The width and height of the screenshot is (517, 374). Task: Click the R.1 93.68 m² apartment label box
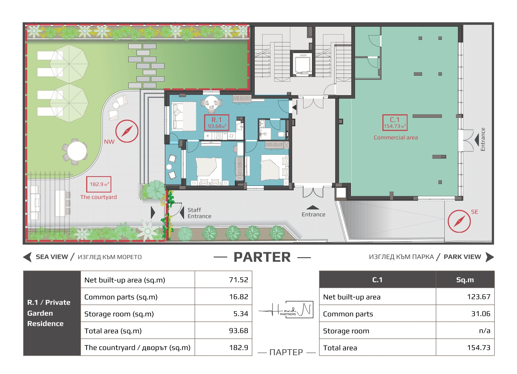tap(216, 122)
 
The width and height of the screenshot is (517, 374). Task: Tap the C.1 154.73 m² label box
tap(395, 122)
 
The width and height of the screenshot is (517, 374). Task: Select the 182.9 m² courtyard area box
tap(98, 184)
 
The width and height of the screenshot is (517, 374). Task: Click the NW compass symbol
tap(127, 131)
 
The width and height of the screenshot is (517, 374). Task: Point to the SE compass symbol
tap(459, 221)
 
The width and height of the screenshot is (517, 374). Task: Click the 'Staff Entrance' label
tap(199, 213)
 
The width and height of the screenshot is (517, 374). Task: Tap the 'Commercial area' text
tap(396, 138)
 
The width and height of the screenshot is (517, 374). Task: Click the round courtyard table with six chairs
tap(75, 151)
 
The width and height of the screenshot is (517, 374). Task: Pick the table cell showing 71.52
tap(223, 279)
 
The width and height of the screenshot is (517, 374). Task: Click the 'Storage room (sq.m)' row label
tap(119, 314)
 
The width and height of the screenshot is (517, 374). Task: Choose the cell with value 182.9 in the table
tap(223, 347)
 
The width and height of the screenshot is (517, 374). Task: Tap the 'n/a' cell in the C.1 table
tap(465, 330)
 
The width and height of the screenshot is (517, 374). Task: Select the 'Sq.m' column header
tap(465, 279)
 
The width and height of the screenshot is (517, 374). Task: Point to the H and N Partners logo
tap(286, 310)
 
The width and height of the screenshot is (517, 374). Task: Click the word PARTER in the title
tap(262, 257)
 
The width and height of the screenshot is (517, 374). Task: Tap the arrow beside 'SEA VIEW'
tap(27, 257)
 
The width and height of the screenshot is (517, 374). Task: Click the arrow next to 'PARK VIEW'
tap(490, 257)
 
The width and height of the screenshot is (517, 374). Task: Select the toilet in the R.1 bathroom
tap(282, 134)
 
